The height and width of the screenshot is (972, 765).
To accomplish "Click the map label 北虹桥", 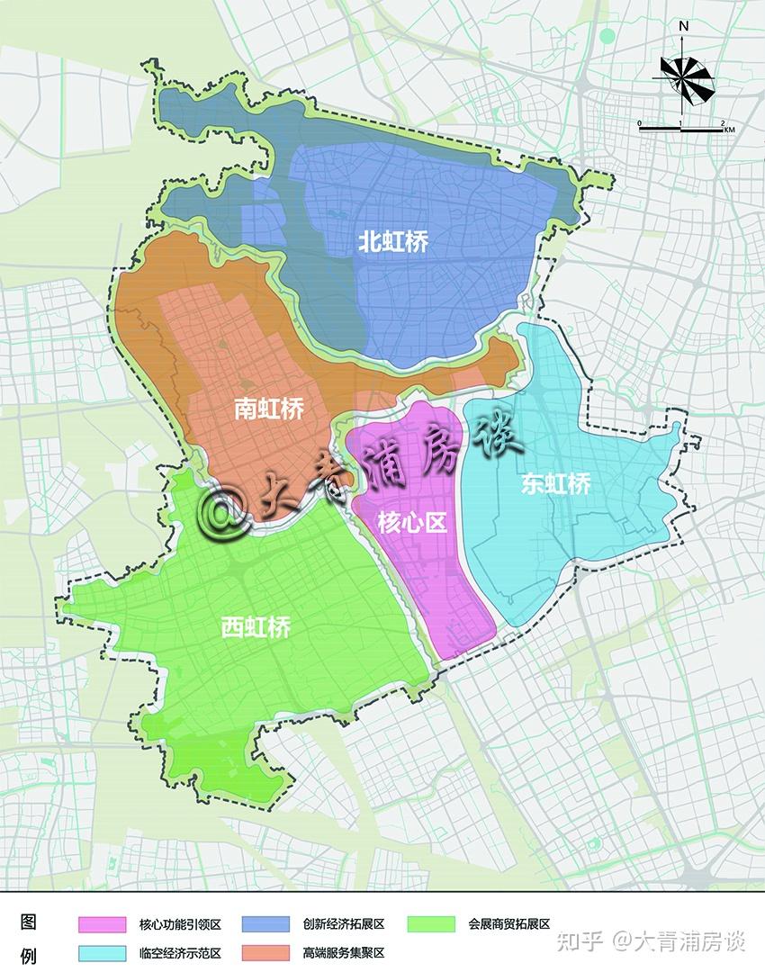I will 392,241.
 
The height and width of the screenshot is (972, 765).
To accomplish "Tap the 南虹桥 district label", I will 269,409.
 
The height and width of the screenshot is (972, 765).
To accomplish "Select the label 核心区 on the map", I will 412,523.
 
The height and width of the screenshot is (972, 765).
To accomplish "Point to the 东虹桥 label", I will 556,483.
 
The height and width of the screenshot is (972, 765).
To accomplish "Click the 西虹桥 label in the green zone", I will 256,627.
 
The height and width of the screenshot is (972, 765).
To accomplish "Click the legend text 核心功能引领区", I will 180,924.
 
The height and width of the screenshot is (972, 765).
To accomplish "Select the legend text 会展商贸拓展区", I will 508,923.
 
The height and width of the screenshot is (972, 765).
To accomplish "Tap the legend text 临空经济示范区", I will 180,952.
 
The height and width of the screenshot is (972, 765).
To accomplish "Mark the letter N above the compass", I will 685,26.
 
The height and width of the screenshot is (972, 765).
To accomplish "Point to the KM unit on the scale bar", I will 729,131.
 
